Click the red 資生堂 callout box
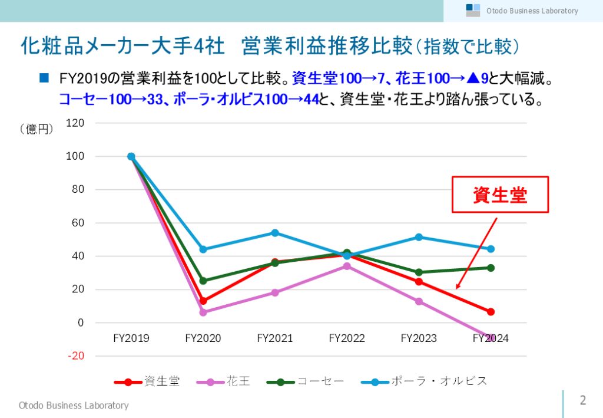tap(500, 195)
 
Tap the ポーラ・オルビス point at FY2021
tap(275, 233)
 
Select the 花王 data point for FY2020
tap(203, 312)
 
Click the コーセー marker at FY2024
tap(491, 268)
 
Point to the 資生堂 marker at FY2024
tap(491, 312)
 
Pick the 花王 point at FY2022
tap(347, 266)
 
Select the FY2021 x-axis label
tap(275, 338)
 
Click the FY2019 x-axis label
tap(131, 338)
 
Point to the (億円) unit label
tap(37, 128)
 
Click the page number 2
tap(583, 400)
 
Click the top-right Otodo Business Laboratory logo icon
tap(473, 10)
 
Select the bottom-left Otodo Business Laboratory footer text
tap(73, 405)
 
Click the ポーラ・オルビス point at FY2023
tap(419, 237)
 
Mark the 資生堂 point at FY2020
tap(203, 301)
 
